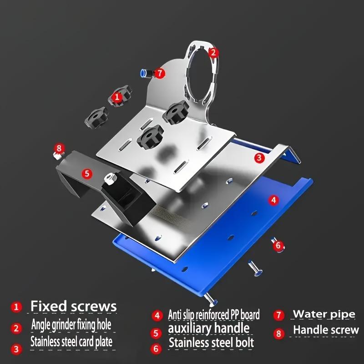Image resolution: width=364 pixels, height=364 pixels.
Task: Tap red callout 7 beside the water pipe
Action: [159, 73]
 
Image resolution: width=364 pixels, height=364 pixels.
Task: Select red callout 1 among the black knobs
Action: [117, 97]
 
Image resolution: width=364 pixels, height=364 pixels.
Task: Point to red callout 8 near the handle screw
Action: [59, 148]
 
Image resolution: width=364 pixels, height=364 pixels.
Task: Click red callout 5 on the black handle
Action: [87, 173]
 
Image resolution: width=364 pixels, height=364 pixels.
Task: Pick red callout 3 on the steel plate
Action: [259, 158]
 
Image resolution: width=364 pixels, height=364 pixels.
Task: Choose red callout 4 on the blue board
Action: [273, 199]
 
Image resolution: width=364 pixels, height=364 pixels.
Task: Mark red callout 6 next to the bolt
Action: [278, 245]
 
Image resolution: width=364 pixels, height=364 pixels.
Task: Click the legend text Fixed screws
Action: [74, 306]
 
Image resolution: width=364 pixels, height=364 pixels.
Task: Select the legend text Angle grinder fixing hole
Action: [71, 325]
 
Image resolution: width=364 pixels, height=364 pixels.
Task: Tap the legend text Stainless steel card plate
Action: [71, 341]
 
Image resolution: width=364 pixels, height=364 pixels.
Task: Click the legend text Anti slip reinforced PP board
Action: [214, 314]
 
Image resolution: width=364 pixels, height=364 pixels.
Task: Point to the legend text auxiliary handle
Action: [209, 328]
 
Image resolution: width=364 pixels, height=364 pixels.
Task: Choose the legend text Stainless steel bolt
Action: [211, 343]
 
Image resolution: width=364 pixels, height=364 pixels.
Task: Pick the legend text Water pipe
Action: [324, 314]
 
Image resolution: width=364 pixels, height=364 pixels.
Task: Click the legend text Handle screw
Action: [326, 330]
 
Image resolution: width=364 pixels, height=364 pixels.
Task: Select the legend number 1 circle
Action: [16, 307]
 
